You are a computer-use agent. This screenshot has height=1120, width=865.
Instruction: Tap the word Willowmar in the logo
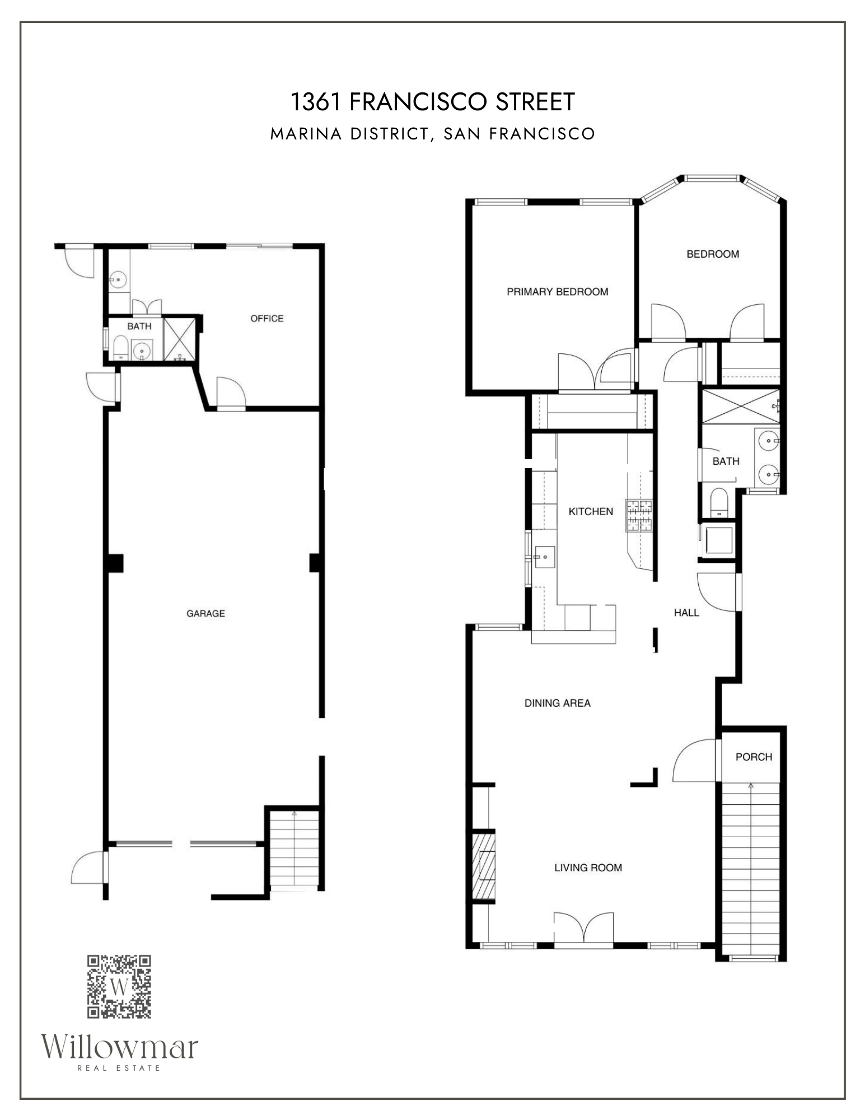(119, 1047)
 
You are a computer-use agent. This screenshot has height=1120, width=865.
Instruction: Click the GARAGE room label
(205, 613)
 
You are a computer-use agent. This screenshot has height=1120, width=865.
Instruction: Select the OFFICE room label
(266, 318)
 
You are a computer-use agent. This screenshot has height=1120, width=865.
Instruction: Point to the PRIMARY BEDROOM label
(557, 291)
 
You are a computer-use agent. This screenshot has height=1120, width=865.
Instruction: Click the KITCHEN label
(591, 511)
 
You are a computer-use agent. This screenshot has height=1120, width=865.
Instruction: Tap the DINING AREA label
(557, 703)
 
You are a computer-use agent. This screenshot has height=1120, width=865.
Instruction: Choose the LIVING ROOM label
(588, 867)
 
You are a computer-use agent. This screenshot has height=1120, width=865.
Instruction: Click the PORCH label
(754, 757)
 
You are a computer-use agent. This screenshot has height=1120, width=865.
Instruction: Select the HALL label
(686, 613)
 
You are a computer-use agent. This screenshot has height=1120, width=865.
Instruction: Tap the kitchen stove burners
(639, 515)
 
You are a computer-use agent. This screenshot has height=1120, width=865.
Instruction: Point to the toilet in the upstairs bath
(718, 503)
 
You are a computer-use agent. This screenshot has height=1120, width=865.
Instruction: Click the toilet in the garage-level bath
(120, 348)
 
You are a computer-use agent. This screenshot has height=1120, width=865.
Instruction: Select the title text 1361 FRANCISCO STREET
(432, 102)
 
